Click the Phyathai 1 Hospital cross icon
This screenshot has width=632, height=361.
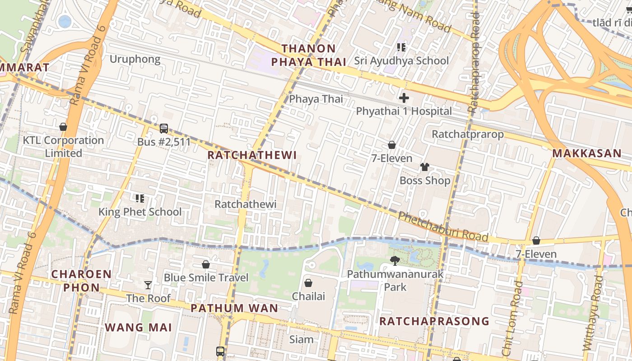pos(404,98)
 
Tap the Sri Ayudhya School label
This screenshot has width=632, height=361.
pos(401,60)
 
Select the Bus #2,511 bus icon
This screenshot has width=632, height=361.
pos(164,129)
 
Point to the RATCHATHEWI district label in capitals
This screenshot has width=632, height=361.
pos(252,155)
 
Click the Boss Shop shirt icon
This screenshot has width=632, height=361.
pos(424,167)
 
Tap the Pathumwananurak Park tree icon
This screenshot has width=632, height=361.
pos(395,260)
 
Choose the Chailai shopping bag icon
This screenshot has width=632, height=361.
pos(308,283)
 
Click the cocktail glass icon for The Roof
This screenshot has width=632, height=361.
pos(148,285)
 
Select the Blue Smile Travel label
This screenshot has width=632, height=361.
pos(206,277)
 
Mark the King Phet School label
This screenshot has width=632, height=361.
pos(140,212)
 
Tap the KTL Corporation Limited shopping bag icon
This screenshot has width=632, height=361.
pos(63,127)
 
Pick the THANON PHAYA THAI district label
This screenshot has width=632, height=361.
pos(309,55)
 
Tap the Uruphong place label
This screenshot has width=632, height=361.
pos(135,59)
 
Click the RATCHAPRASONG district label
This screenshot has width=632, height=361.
pos(434,321)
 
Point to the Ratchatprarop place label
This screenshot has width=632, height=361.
pos(467,134)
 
